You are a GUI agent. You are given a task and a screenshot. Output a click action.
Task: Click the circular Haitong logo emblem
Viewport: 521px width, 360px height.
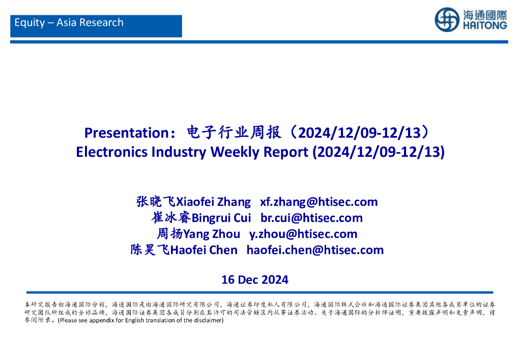[x=447, y=20]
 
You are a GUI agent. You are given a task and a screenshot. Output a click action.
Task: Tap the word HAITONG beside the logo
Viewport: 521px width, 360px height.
[x=485, y=25]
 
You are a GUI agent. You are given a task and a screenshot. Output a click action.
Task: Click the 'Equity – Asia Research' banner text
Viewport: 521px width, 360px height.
[x=69, y=22]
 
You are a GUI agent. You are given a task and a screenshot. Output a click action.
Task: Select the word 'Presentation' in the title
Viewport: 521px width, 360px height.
[x=127, y=133]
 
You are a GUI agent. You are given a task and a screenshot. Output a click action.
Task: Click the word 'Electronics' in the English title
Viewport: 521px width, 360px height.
[x=111, y=152]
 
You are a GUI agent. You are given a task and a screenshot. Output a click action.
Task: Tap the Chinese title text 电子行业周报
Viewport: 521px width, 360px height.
[x=234, y=132]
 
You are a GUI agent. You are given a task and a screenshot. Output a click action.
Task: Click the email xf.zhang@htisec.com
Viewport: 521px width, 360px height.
[x=319, y=202]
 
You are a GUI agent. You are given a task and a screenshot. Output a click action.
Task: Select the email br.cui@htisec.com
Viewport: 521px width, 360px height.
[x=312, y=218]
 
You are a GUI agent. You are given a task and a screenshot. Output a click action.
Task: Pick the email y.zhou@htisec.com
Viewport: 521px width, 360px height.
[x=303, y=234]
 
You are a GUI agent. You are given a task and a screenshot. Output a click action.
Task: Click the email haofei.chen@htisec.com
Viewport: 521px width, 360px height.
[x=315, y=250]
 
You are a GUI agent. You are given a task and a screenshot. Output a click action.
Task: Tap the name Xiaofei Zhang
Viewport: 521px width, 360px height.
[x=213, y=202]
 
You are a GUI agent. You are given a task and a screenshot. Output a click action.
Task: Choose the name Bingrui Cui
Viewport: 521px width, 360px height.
[x=221, y=218]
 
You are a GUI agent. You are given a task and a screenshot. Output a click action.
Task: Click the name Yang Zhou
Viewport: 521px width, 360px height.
[x=212, y=234]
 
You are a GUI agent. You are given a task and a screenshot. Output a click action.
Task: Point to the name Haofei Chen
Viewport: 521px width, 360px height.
[x=204, y=250]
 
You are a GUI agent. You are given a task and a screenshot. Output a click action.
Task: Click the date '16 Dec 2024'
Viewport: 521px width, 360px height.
[x=255, y=280]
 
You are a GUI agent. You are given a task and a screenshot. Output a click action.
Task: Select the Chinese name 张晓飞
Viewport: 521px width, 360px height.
[x=156, y=202]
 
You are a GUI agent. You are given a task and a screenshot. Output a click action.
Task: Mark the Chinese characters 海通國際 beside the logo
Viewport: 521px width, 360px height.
[x=485, y=15]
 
